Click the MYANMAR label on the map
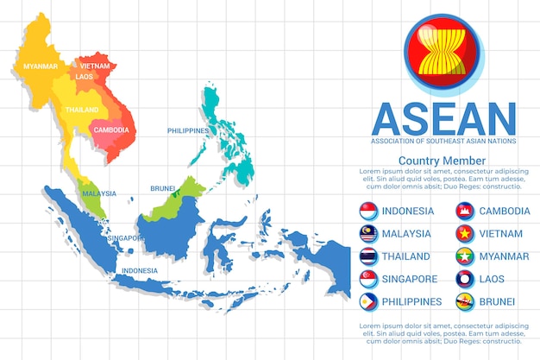pyautogui.click(x=41, y=66)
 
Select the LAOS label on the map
pyautogui.click(x=84, y=76)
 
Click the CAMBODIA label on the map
pyautogui.click(x=112, y=130)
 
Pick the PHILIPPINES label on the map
pyautogui.click(x=188, y=130)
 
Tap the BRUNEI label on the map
pyautogui.click(x=163, y=187)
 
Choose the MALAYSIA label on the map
pyautogui.click(x=99, y=193)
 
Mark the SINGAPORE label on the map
pyautogui.click(x=126, y=237)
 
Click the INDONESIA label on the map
pyautogui.click(x=140, y=270)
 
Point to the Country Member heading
pyautogui.click(x=442, y=161)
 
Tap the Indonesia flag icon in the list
pyautogui.click(x=368, y=211)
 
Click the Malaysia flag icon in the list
pyautogui.click(x=368, y=233)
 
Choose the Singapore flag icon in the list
pyautogui.click(x=368, y=279)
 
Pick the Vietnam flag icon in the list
pyautogui.click(x=466, y=233)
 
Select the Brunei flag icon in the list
pyautogui.click(x=466, y=301)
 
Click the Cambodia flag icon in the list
pyautogui.click(x=466, y=211)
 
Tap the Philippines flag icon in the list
pyautogui.click(x=368, y=301)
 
